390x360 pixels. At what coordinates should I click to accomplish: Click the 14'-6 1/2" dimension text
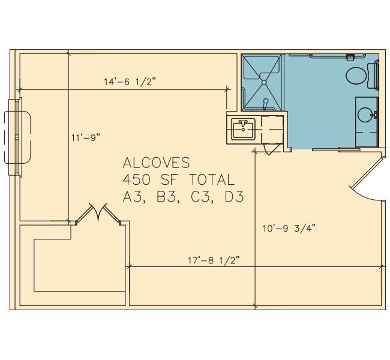(x=130, y=82)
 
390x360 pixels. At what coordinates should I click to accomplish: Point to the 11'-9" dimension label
(x=86, y=137)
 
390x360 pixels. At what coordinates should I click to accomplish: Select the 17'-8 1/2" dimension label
(x=214, y=260)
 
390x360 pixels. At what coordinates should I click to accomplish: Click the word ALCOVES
(x=157, y=163)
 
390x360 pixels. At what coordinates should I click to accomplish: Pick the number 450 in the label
(x=137, y=179)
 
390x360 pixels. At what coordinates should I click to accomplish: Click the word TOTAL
(x=212, y=179)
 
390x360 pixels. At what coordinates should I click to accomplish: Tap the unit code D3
(x=234, y=197)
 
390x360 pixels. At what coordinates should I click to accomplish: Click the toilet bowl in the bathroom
(x=356, y=76)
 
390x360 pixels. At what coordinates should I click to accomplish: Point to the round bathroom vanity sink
(x=365, y=115)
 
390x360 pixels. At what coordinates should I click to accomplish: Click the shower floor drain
(x=264, y=82)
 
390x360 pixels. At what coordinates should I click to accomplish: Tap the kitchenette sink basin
(x=243, y=129)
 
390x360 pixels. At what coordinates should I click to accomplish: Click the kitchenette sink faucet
(x=243, y=124)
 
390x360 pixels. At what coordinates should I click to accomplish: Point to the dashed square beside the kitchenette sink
(x=272, y=130)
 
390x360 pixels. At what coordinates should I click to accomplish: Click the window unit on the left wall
(x=17, y=137)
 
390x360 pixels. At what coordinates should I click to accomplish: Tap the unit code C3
(x=201, y=197)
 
